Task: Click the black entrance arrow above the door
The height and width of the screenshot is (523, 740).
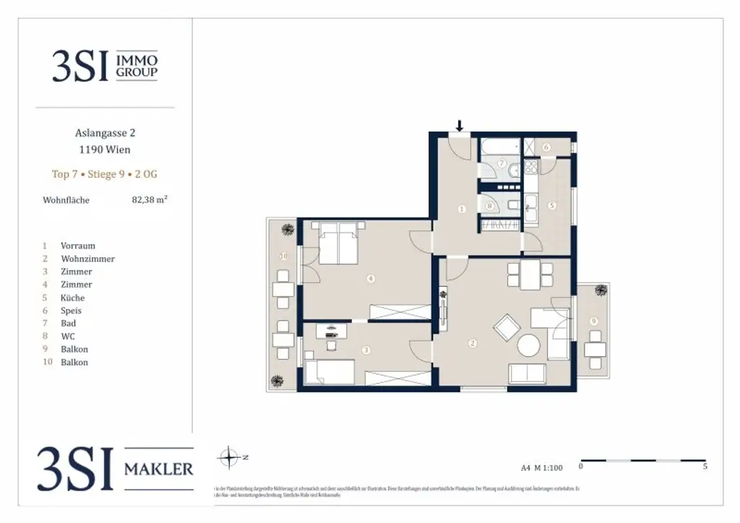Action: coord(459,126)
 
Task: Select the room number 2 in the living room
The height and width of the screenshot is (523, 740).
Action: coord(472,343)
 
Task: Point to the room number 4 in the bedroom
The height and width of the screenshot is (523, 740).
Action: coord(369,278)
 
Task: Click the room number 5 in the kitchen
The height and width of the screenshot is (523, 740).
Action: coord(551,206)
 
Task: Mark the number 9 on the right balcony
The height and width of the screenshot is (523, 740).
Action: coord(593,321)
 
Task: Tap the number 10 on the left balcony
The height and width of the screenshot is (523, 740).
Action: coord(284,256)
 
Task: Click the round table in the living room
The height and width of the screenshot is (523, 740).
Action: coord(529,345)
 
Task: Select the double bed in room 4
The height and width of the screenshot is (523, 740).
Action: coord(337,243)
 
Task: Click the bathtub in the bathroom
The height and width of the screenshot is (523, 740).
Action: coord(499,148)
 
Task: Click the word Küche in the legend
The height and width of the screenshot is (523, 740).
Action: coord(72,298)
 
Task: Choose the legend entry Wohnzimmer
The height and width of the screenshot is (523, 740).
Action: coord(87,259)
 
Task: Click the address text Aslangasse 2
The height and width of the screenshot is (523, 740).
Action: coord(106,133)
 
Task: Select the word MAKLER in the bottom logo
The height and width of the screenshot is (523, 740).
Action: coord(159,469)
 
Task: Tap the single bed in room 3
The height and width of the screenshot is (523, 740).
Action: coord(330,372)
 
